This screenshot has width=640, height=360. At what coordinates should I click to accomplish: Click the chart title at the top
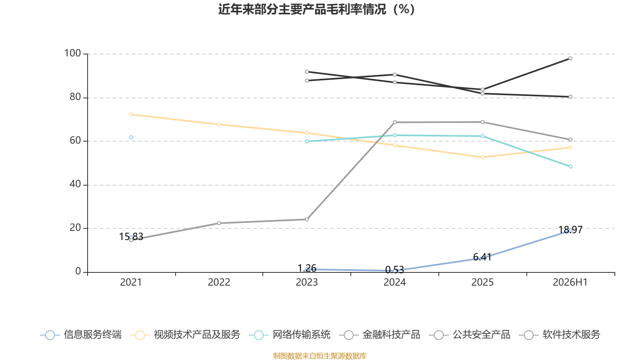[316, 9]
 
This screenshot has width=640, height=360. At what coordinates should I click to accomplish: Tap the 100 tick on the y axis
[72, 54]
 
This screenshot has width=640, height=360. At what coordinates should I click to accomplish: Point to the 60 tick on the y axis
[76, 141]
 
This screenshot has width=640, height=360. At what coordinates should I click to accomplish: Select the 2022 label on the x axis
[219, 282]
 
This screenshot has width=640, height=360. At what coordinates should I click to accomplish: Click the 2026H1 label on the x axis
[570, 282]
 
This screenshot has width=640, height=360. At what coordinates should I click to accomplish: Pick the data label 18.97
[570, 230]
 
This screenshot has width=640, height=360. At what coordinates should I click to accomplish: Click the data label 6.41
[482, 257]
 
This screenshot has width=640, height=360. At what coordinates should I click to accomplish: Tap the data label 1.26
[307, 268]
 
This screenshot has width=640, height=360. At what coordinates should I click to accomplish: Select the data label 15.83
[131, 236]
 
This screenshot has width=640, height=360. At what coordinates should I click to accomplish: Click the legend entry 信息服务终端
[81, 334]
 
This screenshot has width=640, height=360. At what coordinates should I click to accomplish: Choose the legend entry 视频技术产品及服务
[185, 334]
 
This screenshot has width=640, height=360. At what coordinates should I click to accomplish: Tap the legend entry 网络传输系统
[290, 334]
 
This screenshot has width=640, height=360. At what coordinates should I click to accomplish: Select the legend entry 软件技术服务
[560, 334]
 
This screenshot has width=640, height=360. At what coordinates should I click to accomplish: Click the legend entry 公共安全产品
[470, 334]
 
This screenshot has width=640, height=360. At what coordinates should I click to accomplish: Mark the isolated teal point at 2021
[131, 138]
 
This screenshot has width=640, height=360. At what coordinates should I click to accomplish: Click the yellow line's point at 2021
[131, 114]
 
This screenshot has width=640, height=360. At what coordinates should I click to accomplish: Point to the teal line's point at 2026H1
[570, 166]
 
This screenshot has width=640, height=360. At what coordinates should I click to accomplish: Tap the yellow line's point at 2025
[482, 158]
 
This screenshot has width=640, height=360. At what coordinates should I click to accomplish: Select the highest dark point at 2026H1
[570, 58]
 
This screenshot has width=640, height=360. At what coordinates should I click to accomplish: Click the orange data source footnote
[320, 356]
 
